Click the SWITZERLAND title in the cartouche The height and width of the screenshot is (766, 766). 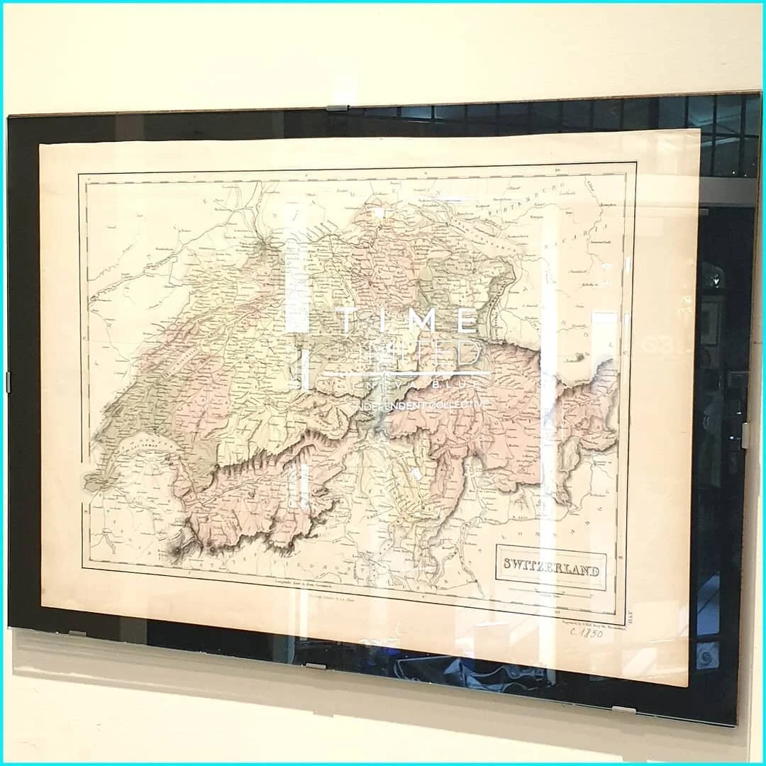(551, 570)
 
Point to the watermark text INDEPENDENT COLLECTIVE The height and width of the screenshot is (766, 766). (418, 404)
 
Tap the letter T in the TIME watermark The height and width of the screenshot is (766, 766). (345, 321)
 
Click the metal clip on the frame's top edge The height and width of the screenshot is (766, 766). (338, 108)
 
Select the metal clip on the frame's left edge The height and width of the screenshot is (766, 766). (9, 381)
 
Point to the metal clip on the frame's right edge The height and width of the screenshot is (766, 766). (745, 434)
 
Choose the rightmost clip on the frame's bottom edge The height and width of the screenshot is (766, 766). (624, 709)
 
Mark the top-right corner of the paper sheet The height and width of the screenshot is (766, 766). (699, 131)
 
